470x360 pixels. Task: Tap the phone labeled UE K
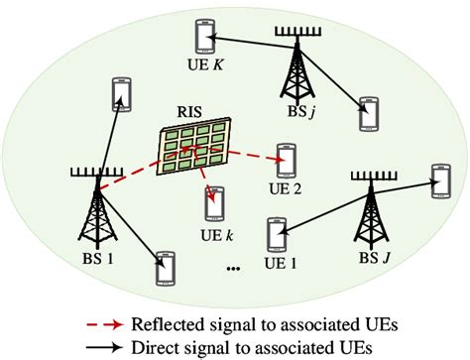(207, 37)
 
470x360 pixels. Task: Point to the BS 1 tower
(95, 207)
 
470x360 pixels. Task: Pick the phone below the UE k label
(212, 203)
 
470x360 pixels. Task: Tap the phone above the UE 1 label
(276, 236)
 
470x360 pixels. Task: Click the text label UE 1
(282, 264)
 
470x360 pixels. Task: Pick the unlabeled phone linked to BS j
(370, 113)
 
